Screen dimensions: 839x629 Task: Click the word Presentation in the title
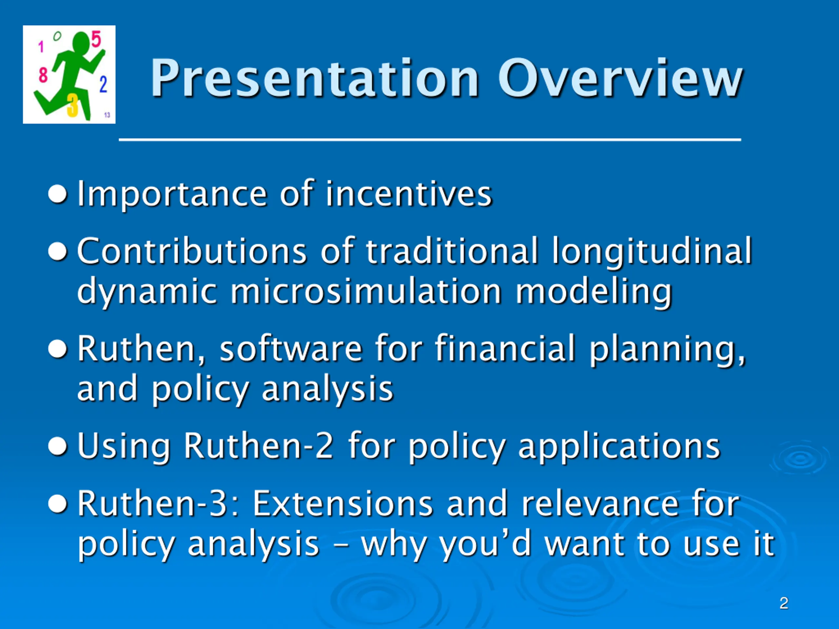315,79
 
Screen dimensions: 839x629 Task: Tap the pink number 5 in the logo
96,40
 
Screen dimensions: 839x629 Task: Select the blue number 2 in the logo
103,84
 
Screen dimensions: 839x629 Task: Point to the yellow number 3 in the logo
72,105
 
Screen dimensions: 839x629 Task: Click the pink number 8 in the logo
43,75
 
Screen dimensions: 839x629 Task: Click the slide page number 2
784,603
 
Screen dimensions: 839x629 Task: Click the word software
291,349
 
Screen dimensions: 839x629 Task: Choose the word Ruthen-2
258,446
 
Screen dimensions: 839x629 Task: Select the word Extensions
342,504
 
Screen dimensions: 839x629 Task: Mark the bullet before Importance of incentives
58,195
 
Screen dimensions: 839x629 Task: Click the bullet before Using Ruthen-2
58,446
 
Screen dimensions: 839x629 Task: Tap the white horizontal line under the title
430,140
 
